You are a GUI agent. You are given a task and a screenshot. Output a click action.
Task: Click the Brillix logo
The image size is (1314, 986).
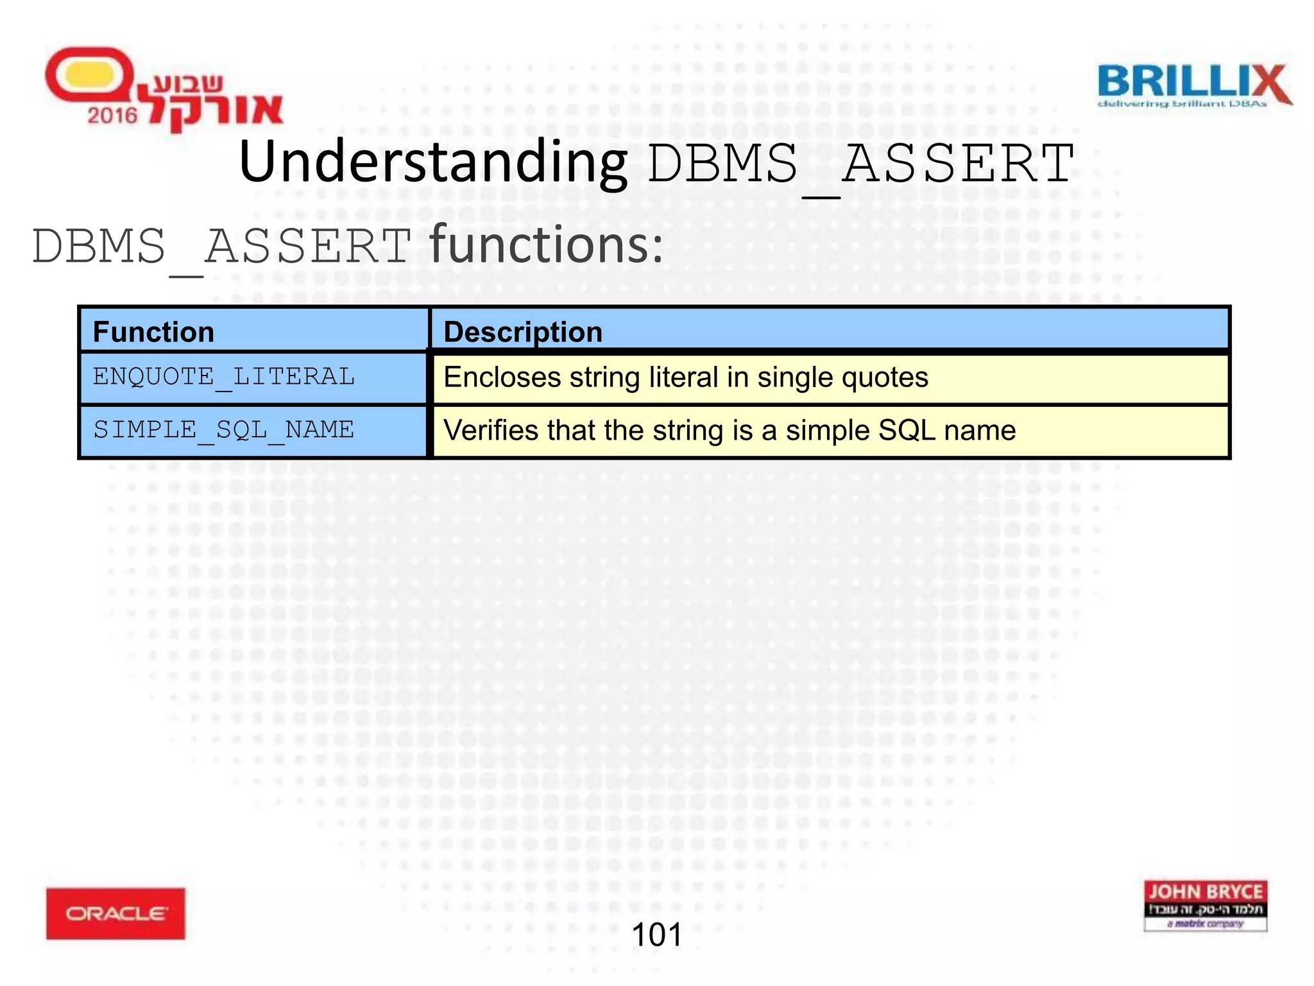[x=1193, y=85]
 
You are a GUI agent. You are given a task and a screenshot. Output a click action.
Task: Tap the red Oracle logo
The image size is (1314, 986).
[x=115, y=913]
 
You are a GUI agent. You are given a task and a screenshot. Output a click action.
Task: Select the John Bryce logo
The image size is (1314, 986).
[x=1205, y=905]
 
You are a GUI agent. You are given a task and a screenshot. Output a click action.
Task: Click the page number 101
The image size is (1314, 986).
[x=656, y=935]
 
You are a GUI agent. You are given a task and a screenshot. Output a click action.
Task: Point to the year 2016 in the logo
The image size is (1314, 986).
[x=112, y=116]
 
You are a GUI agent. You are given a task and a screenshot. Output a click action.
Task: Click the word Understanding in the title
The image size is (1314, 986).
[x=433, y=162]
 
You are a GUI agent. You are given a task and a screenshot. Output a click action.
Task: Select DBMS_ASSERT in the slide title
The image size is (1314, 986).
[x=860, y=164]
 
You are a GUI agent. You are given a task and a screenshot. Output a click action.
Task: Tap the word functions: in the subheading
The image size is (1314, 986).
[x=546, y=246]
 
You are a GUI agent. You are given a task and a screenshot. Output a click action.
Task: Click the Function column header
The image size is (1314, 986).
[x=153, y=332]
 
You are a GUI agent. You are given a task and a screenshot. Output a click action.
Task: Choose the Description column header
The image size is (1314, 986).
[x=523, y=332]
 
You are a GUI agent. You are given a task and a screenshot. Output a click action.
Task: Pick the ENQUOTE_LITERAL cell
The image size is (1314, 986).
[x=223, y=377]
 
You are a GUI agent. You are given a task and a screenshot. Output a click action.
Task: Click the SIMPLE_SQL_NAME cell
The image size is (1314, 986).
[x=223, y=430]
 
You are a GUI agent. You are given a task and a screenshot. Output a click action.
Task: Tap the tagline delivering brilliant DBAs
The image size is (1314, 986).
[x=1182, y=104]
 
